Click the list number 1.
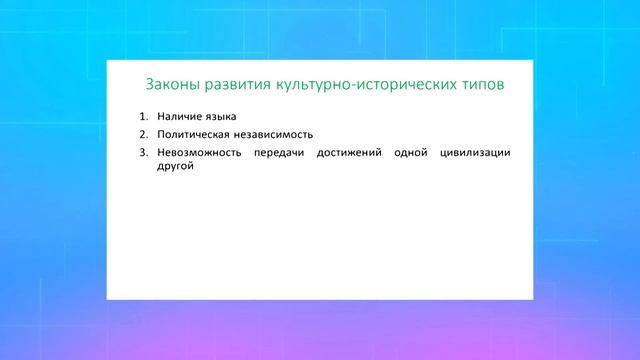(143, 116)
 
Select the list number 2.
(143, 134)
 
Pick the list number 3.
(143, 152)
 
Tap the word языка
(229, 117)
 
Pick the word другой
(174, 167)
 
